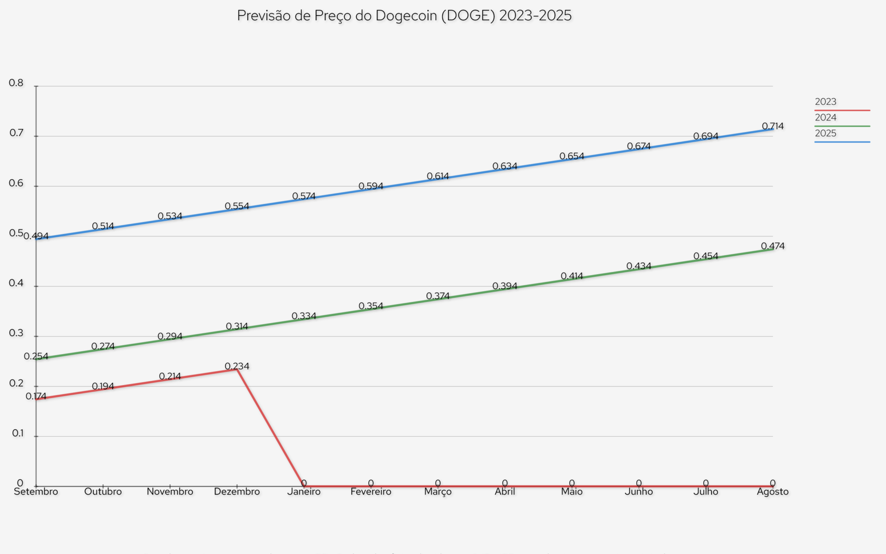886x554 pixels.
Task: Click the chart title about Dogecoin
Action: point(404,16)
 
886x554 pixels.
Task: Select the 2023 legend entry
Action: point(825,102)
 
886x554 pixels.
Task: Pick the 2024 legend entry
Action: point(825,117)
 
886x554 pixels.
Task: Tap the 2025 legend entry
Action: point(825,133)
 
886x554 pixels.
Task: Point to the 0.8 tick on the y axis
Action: point(16,83)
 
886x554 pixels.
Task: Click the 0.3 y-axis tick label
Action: point(16,333)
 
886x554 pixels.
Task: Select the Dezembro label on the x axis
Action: point(237,492)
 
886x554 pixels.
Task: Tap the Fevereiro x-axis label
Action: point(371,492)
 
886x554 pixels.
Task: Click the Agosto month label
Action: point(772,492)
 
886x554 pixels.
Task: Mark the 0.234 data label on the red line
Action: point(237,366)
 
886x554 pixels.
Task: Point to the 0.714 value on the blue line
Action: point(772,126)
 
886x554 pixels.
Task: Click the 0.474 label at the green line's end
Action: point(772,246)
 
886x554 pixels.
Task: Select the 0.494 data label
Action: point(36,236)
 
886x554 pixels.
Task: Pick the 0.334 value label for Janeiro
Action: point(304,316)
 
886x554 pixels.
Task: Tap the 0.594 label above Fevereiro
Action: point(371,186)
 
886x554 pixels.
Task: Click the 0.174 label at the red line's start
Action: point(36,396)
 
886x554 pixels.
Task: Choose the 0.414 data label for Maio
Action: point(572,276)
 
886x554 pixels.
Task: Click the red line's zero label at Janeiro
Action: point(304,483)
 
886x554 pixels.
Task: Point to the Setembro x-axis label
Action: point(36,492)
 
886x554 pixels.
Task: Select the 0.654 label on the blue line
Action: point(572,156)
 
